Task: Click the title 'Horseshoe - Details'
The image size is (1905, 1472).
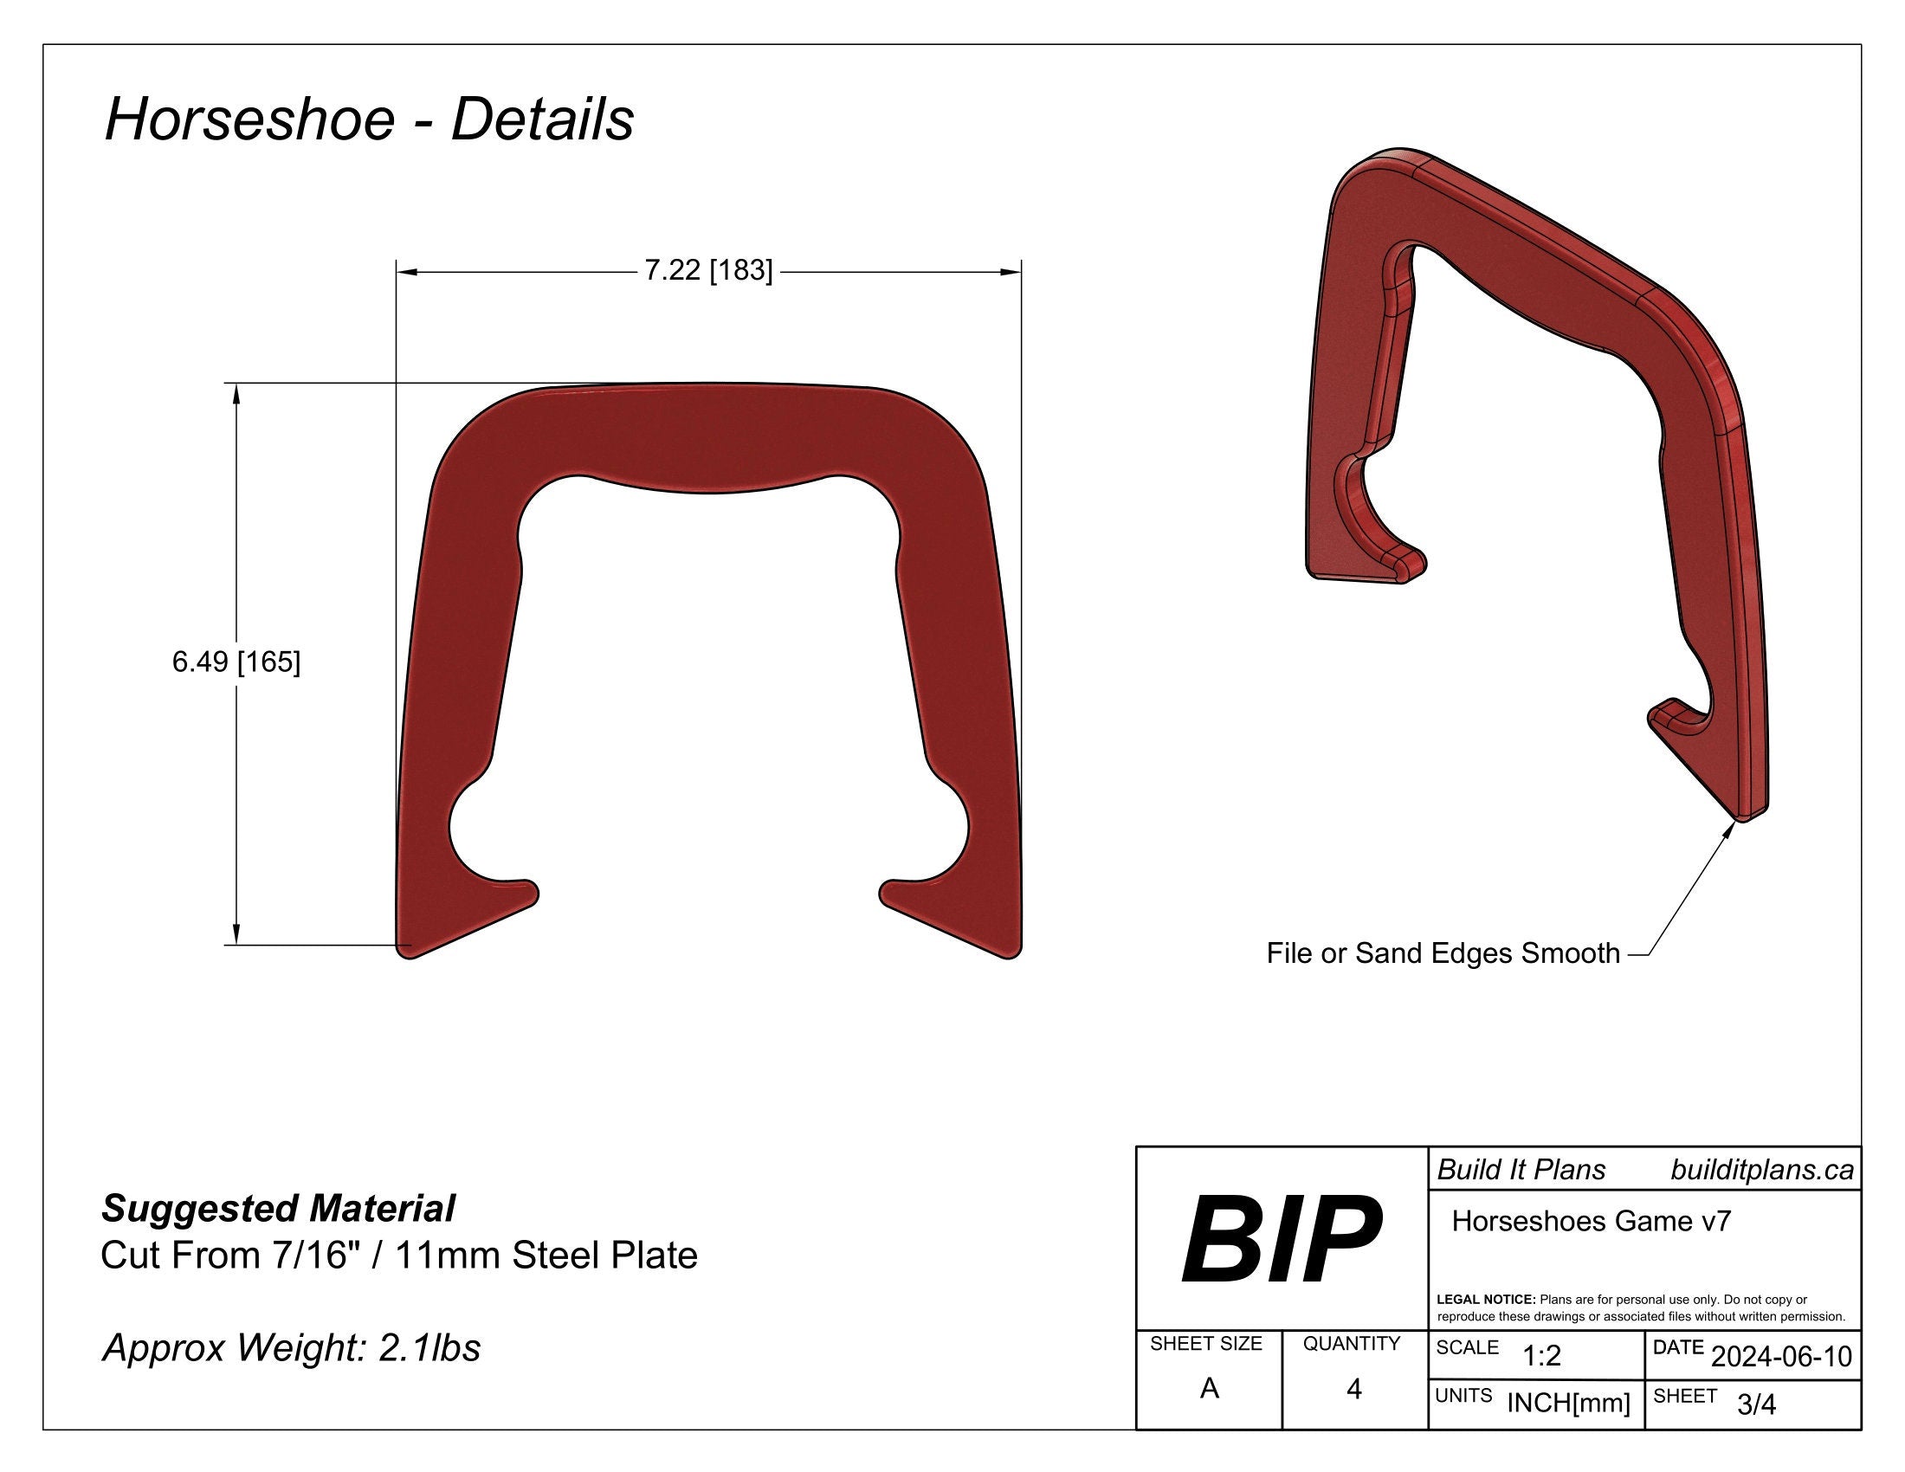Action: click(369, 119)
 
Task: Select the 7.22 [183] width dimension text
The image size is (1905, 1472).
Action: click(708, 270)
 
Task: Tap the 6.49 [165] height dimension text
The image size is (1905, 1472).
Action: click(236, 662)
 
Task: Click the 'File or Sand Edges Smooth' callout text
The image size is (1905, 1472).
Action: click(1443, 953)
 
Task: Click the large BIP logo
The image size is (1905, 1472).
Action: click(1280, 1239)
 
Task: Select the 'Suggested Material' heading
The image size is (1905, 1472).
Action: click(278, 1209)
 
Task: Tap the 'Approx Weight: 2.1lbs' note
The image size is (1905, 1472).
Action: click(291, 1348)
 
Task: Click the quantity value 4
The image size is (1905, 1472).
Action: click(1353, 1389)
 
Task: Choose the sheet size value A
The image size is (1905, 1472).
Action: click(1209, 1388)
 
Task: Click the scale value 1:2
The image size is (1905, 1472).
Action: click(1541, 1356)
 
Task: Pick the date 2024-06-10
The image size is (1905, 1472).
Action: click(1781, 1356)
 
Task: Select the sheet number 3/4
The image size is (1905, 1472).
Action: click(1756, 1404)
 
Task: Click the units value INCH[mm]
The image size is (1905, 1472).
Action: click(1568, 1403)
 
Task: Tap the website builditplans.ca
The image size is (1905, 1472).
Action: click(1762, 1171)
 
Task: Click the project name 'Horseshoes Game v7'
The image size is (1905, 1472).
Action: click(1591, 1221)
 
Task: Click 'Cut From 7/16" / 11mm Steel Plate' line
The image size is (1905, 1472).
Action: click(398, 1256)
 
